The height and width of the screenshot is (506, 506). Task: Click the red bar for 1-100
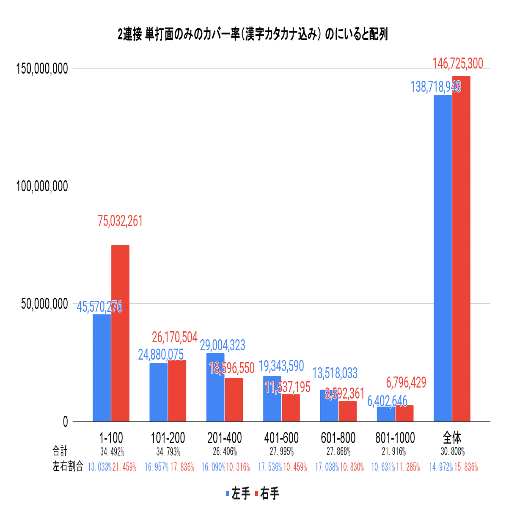click(120, 333)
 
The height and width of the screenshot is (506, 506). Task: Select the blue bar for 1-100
click(102, 368)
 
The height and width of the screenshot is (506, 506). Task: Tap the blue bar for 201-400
click(215, 387)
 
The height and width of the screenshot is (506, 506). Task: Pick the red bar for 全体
click(461, 248)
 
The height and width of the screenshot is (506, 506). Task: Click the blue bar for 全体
click(443, 258)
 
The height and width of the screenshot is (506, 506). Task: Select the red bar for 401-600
click(291, 408)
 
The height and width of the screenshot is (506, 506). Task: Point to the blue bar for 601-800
click(329, 405)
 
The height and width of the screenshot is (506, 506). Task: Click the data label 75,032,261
click(120, 221)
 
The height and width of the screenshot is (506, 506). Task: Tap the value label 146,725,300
click(457, 64)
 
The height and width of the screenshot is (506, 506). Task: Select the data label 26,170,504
click(175, 337)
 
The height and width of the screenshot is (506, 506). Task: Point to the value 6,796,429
click(406, 382)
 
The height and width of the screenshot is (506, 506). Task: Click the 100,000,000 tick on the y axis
click(42, 186)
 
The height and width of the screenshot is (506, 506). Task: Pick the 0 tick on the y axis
click(65, 422)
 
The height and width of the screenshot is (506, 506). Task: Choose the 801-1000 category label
click(395, 437)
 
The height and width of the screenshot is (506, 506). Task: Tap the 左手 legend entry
click(238, 493)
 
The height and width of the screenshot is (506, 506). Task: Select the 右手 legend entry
click(267, 493)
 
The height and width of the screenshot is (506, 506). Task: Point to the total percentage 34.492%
click(112, 452)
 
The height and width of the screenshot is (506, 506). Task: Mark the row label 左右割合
click(68, 467)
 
